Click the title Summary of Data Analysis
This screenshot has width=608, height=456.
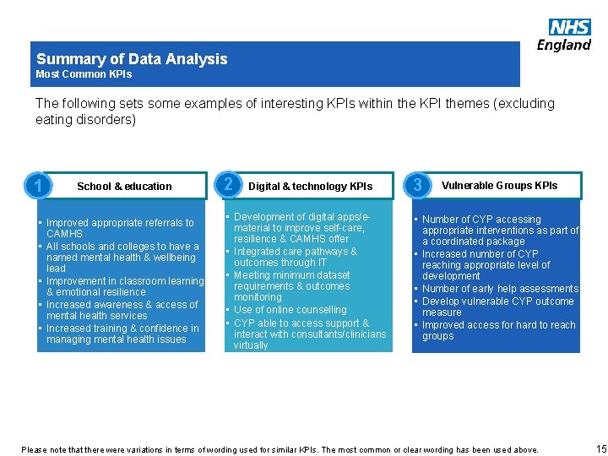(x=132, y=59)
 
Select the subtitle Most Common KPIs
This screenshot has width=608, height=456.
(x=84, y=74)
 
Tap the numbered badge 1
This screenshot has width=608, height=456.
(x=35, y=186)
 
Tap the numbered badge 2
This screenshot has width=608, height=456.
(x=227, y=185)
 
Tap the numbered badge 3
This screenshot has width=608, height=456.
(x=418, y=185)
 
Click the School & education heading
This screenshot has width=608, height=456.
(x=124, y=187)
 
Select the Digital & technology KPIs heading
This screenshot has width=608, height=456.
(x=310, y=187)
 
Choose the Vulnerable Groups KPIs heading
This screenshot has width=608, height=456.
(x=499, y=186)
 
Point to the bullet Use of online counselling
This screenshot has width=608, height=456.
(x=290, y=310)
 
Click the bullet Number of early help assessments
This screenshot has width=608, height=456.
(x=500, y=289)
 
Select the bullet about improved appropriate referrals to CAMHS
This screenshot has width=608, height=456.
(x=119, y=228)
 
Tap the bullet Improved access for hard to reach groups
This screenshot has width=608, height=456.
(x=498, y=330)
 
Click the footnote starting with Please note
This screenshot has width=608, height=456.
(x=280, y=449)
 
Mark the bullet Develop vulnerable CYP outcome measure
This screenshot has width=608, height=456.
(x=497, y=307)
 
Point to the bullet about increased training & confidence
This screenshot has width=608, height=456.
(x=122, y=334)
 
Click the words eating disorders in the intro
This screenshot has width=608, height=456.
(x=85, y=121)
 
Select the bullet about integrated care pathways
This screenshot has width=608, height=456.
(x=295, y=257)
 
